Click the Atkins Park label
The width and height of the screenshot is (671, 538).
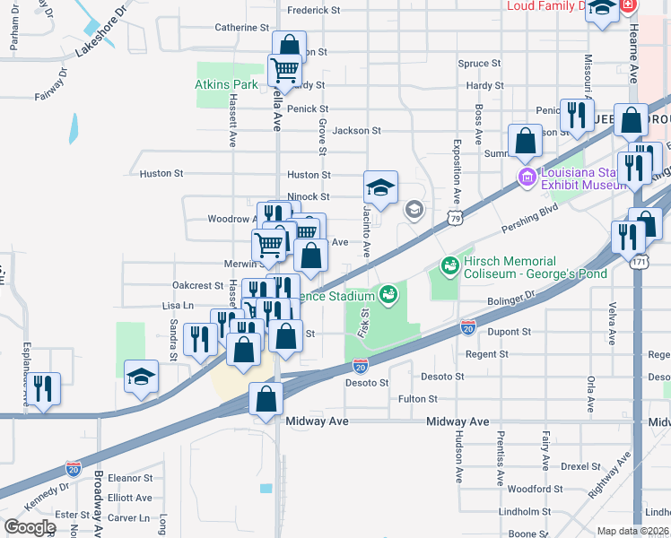click(227, 85)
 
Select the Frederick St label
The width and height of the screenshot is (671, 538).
click(313, 11)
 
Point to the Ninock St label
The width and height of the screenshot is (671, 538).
click(309, 196)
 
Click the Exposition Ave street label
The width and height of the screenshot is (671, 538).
click(457, 173)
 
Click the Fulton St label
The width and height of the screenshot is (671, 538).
click(418, 398)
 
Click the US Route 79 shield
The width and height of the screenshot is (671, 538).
click(456, 218)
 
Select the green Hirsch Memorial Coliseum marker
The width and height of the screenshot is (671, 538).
click(448, 265)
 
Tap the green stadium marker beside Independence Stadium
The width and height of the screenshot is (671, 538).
click(388, 292)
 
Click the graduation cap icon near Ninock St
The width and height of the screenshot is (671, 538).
click(381, 187)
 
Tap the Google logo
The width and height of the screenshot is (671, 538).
click(30, 527)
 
